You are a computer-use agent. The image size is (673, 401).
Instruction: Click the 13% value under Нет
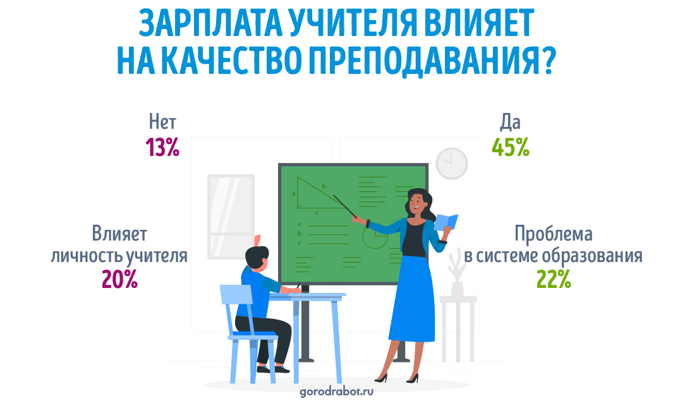[x=162, y=147]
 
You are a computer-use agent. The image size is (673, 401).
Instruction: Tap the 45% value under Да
[x=511, y=147]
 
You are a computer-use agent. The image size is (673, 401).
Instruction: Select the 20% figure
[x=119, y=278]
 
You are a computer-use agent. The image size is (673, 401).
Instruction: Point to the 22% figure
[x=554, y=278]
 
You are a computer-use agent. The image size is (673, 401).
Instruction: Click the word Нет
[x=162, y=122]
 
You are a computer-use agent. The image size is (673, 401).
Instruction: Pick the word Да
[x=511, y=123]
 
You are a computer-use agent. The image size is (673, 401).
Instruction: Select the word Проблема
[x=554, y=234]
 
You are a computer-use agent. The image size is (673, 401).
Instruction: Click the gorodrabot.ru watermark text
[x=336, y=391]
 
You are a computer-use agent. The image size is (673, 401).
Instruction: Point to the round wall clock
[x=452, y=164]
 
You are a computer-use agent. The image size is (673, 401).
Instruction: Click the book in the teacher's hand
[x=446, y=222]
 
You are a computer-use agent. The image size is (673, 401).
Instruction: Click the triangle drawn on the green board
[x=320, y=193]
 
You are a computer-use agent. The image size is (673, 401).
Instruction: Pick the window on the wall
[x=231, y=217]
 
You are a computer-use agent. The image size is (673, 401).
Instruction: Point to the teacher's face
[x=416, y=204]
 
